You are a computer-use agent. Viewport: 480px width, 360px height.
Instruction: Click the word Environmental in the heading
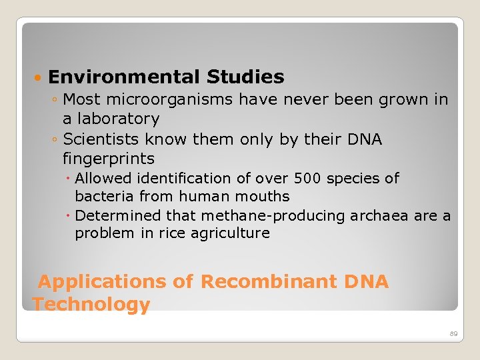[124, 77]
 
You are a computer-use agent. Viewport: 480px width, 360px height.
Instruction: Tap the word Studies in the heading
[245, 77]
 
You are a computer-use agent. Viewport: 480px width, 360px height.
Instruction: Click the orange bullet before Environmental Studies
[39, 78]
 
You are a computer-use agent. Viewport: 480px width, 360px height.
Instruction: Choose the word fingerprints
[108, 159]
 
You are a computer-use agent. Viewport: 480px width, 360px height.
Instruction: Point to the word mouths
[266, 197]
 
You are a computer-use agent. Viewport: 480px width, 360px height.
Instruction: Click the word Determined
[118, 216]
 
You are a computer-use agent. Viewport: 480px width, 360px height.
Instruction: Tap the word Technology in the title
[91, 305]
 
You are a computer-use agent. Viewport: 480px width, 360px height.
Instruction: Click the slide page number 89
[453, 333]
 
